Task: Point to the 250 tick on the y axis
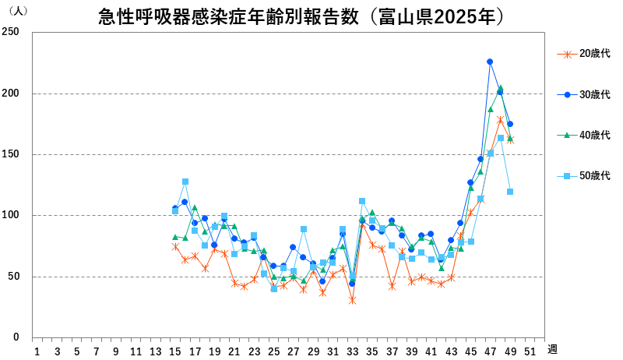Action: [x=10, y=33]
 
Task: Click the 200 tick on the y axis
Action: [x=10, y=94]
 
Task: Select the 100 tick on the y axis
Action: [x=10, y=215]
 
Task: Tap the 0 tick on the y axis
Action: [x=16, y=337]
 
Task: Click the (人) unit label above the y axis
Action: [x=17, y=11]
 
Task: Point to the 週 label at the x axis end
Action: [x=551, y=349]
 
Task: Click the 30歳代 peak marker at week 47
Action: [x=490, y=62]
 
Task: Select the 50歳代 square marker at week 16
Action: [x=185, y=182]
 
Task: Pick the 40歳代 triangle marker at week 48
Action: [x=500, y=88]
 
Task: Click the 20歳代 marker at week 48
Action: [x=500, y=119]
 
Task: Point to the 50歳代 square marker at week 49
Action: [x=510, y=192]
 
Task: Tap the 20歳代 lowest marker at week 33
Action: [x=352, y=300]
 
